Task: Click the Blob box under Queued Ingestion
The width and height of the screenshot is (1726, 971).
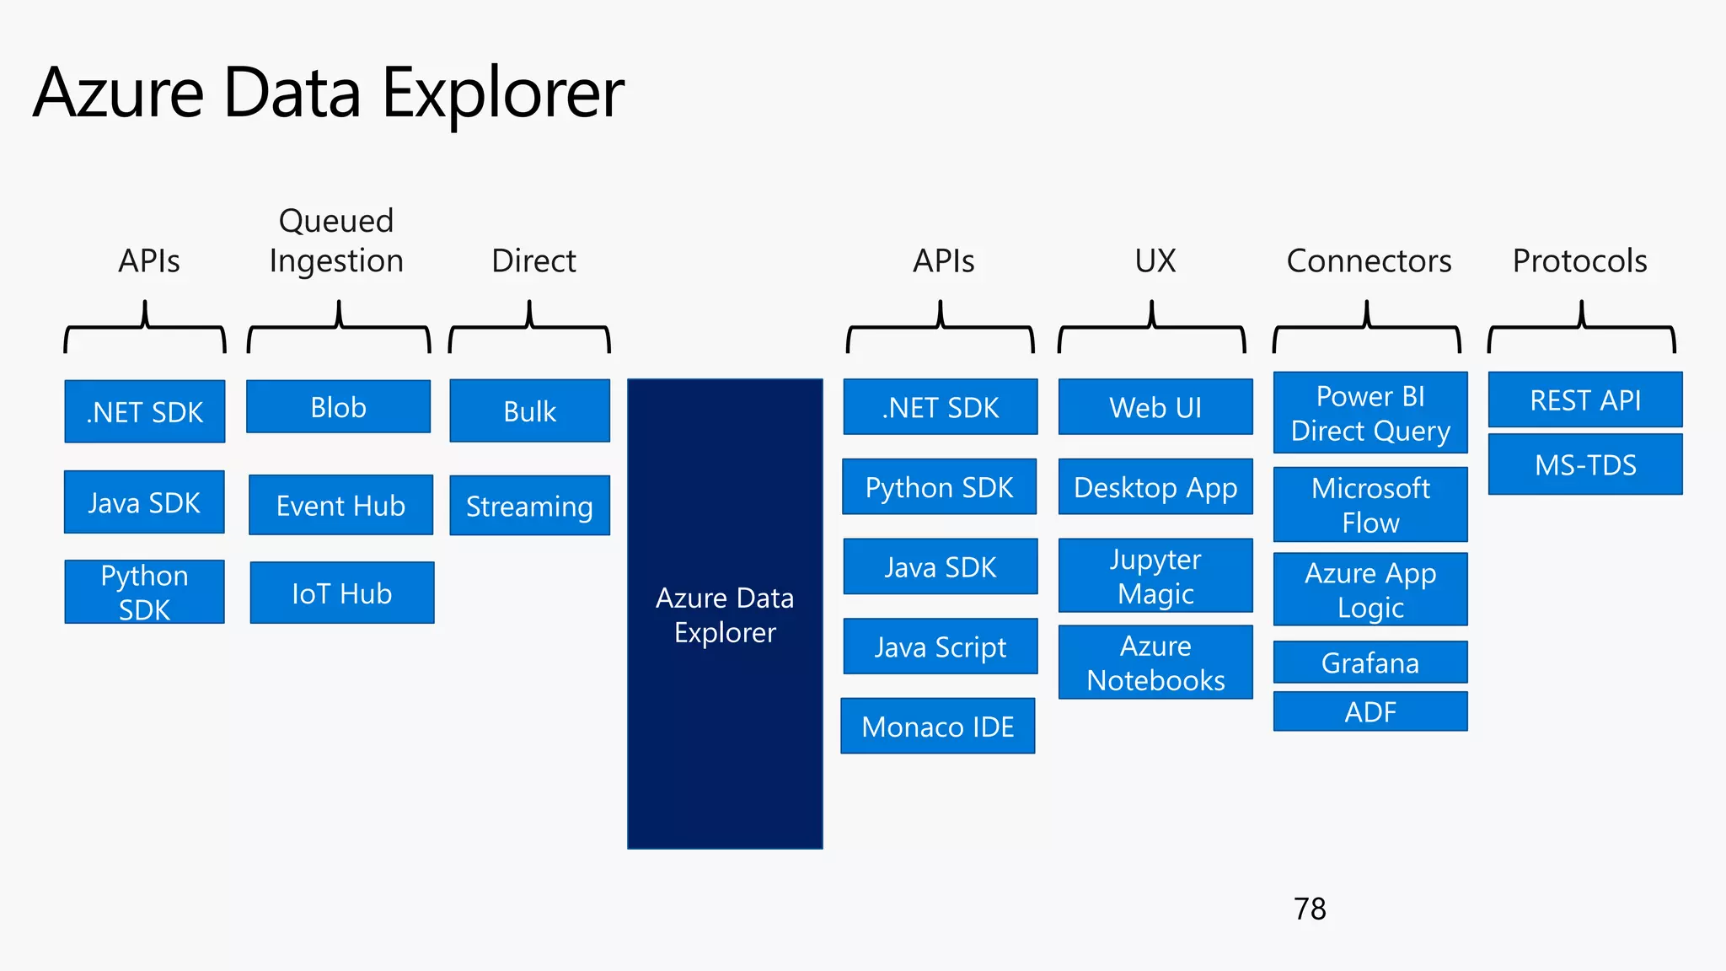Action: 338,407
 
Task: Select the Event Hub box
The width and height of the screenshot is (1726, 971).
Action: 340,505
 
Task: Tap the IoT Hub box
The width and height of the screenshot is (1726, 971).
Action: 341,593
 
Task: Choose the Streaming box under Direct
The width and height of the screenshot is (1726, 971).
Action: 529,506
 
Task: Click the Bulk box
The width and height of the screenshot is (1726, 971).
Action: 529,411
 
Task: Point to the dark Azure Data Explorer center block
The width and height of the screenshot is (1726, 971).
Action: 725,614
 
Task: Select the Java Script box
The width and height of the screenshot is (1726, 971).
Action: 940,646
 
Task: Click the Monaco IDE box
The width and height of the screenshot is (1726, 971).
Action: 937,726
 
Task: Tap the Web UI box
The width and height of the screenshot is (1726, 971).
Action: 1155,407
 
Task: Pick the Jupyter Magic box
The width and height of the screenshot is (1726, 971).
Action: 1155,576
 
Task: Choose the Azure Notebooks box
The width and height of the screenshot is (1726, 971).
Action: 1155,663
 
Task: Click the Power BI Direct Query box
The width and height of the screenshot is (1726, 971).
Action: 1370,413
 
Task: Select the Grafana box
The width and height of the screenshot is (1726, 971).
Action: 1370,663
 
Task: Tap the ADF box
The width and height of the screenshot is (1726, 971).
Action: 1370,711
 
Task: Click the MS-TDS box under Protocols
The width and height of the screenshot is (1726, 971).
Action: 1585,464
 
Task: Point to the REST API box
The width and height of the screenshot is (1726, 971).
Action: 1585,400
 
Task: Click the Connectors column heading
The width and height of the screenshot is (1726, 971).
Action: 1369,260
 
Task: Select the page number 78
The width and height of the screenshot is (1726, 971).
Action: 1310,909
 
